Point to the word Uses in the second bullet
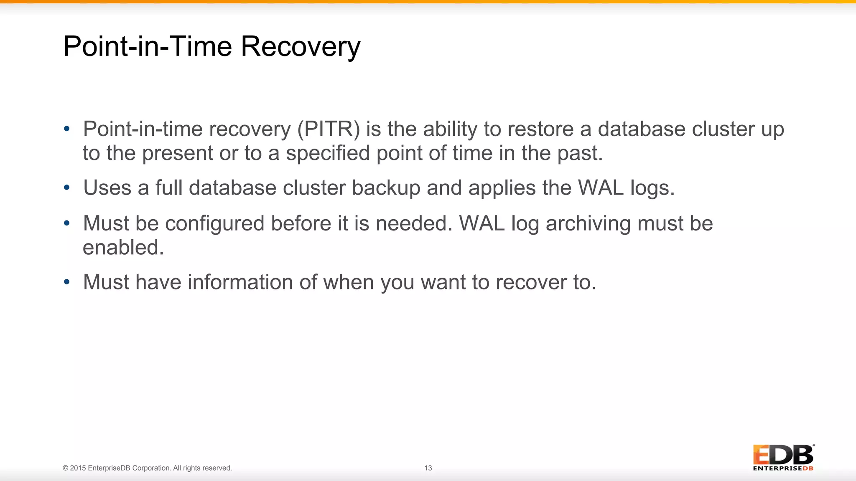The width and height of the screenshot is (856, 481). pyautogui.click(x=107, y=188)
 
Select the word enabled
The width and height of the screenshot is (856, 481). pyautogui.click(x=123, y=248)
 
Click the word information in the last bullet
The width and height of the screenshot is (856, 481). pyautogui.click(x=240, y=282)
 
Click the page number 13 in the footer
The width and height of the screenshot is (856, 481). pyautogui.click(x=428, y=468)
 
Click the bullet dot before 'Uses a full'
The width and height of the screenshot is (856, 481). pyautogui.click(x=67, y=188)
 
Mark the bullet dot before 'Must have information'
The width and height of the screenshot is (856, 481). pyautogui.click(x=67, y=282)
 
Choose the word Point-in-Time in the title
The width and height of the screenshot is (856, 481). pyautogui.click(x=147, y=46)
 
